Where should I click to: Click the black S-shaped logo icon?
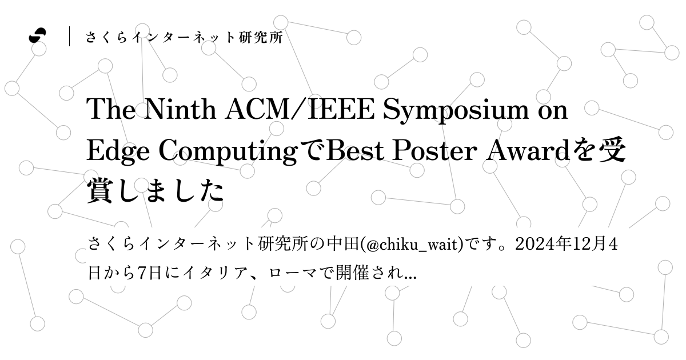coord(38,36)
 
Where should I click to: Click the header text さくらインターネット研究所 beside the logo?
coord(184,38)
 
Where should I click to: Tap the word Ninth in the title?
coord(174,109)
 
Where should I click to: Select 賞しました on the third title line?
coord(155,191)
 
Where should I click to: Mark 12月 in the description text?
coord(591,245)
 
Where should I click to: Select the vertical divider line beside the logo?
coord(70,37)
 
